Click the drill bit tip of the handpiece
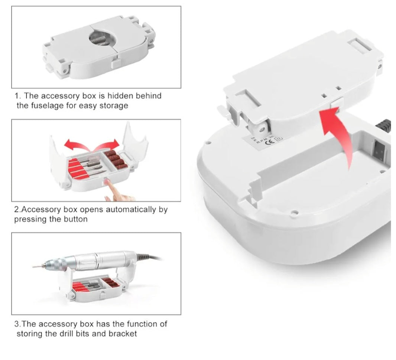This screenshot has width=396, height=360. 34,266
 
